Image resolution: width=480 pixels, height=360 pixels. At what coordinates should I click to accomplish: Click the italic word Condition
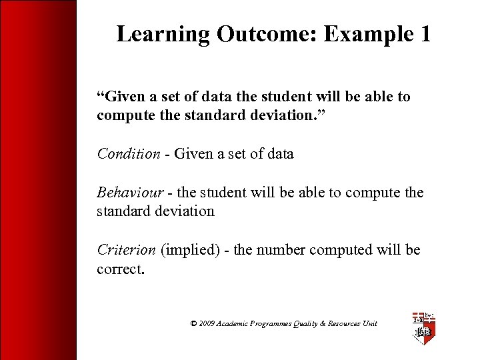click(129, 154)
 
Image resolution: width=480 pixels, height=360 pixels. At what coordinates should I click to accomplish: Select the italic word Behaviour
click(131, 193)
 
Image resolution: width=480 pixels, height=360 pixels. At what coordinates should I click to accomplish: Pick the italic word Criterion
click(125, 250)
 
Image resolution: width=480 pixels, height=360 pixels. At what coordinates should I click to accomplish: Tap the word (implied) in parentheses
click(187, 250)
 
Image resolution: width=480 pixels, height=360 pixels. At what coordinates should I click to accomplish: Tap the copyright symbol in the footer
click(193, 323)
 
